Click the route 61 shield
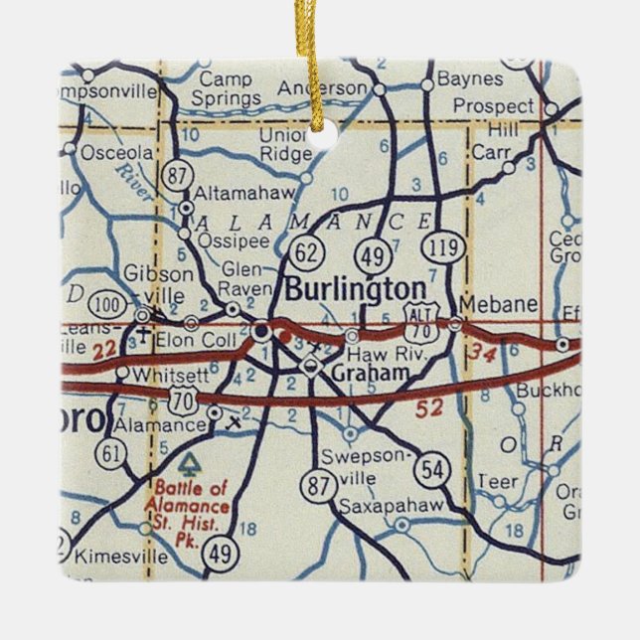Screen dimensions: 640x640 pos(111,453)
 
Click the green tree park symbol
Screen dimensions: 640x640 pos(188,463)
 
